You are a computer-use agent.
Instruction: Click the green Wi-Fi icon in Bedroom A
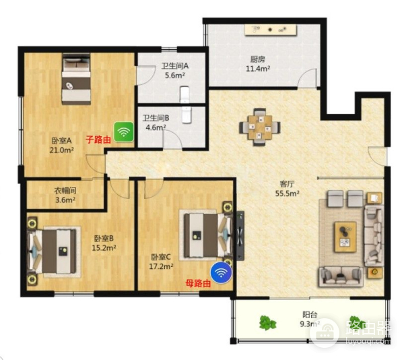[x=123, y=131]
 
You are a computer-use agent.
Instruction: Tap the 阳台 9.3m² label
[x=310, y=318]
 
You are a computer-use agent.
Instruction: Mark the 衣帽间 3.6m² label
[x=65, y=195]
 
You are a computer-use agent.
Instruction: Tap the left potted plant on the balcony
[x=267, y=324]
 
